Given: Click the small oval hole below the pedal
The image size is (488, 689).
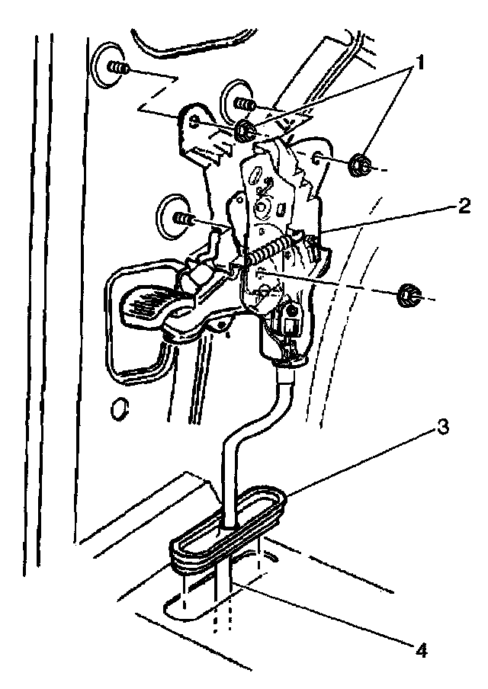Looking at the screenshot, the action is point(118,410).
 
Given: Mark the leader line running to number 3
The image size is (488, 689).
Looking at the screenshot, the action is point(358,465).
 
